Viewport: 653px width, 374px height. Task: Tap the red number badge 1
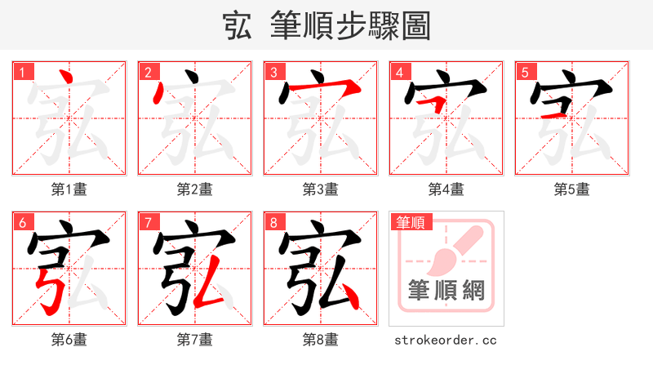point(22,72)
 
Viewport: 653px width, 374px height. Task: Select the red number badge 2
point(148,72)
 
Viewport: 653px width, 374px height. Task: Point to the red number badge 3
point(273,72)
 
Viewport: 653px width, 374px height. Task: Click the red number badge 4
point(399,72)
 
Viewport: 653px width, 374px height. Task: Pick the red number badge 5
point(525,72)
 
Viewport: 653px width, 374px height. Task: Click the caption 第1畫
point(69,189)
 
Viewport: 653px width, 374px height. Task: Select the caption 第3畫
point(320,189)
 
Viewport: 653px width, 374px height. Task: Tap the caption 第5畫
point(571,189)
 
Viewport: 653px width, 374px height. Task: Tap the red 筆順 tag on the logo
point(411,221)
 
